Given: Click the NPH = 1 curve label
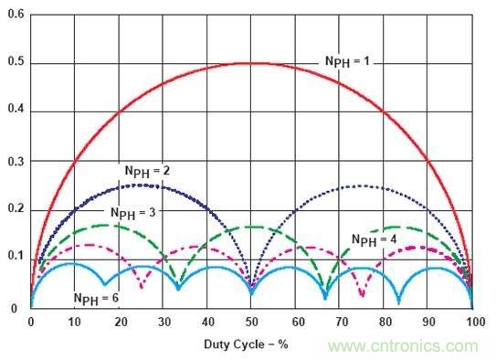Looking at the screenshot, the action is click(x=347, y=61).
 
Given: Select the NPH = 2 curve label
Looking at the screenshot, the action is click(x=147, y=172).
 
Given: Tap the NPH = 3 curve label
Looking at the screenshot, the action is click(x=133, y=213).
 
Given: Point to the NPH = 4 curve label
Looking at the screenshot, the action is click(x=375, y=240).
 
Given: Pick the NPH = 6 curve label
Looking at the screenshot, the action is click(x=96, y=299).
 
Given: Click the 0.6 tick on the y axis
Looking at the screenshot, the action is click(x=16, y=15).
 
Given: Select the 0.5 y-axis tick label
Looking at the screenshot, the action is click(x=16, y=62).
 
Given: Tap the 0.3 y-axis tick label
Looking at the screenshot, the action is click(x=16, y=162).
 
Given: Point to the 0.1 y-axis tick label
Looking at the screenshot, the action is click(x=16, y=255).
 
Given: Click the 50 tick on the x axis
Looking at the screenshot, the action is click(x=251, y=322).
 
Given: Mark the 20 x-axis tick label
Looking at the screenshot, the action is click(x=121, y=322).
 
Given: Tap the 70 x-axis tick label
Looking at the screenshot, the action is click(x=342, y=322).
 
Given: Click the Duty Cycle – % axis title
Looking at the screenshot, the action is click(x=246, y=344).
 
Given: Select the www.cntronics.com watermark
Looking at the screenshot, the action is click(x=403, y=346).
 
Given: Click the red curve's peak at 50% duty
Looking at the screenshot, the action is click(x=251, y=64).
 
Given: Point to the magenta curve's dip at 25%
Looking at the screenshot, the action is click(x=142, y=287).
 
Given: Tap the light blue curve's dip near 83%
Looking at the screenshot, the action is click(x=398, y=302).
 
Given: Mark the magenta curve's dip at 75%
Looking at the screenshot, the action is click(x=363, y=295).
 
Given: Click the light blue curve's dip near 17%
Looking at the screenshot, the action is click(x=105, y=284).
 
